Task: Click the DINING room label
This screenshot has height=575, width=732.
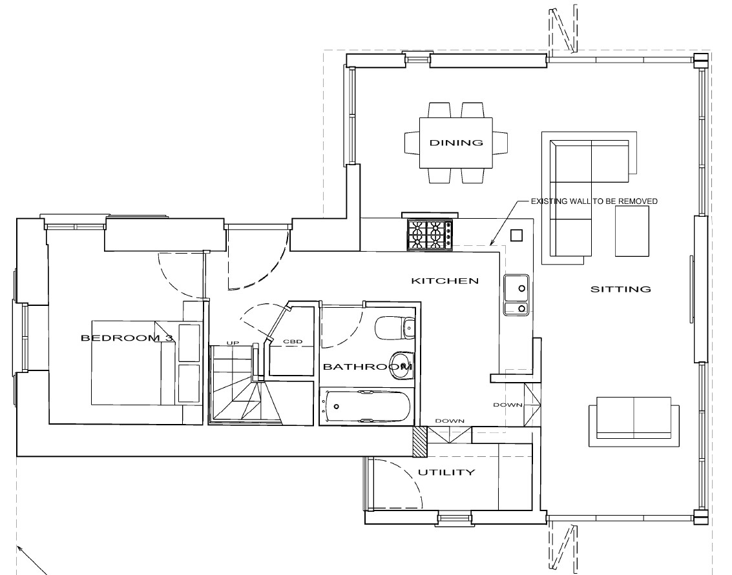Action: click(456, 143)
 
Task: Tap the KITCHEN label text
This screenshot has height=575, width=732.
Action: click(445, 281)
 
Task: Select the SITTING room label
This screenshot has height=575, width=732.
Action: click(620, 289)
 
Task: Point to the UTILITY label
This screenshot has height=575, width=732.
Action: click(446, 472)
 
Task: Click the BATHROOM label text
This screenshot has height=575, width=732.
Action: click(368, 367)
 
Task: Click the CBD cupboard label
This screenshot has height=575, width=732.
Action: click(293, 342)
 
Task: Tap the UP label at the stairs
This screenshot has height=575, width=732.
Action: click(233, 343)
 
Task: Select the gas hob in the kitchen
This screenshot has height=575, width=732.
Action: click(430, 235)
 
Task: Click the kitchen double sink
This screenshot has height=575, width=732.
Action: click(516, 295)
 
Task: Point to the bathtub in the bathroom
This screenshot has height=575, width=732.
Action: click(368, 406)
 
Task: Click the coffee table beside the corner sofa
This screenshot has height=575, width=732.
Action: click(632, 231)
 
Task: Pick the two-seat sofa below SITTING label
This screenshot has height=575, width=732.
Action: click(634, 422)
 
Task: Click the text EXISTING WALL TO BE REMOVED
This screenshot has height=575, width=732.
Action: click(594, 201)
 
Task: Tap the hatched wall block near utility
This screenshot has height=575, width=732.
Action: click(420, 441)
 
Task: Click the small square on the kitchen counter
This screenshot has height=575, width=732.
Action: click(516, 236)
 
